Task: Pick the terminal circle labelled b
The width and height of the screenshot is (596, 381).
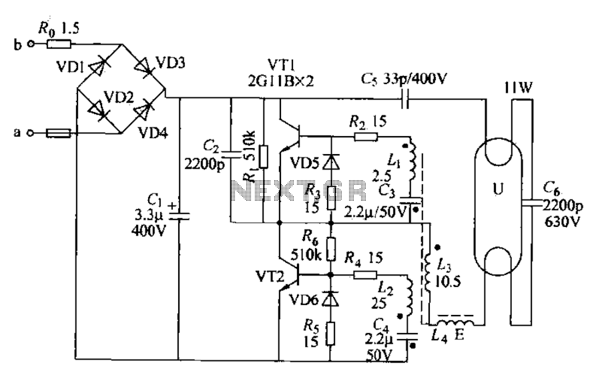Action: [x=31, y=45]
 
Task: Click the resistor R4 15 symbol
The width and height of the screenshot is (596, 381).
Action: [x=365, y=275]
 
